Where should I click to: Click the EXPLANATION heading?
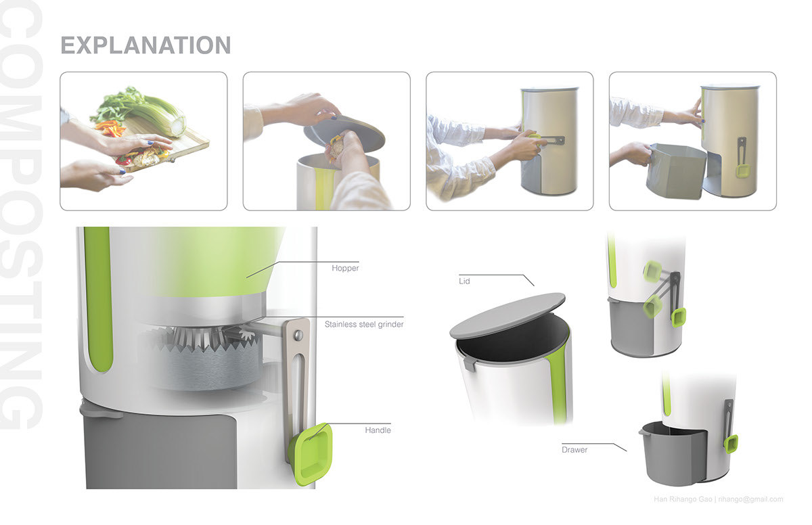(145, 45)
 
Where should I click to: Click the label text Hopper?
(345, 268)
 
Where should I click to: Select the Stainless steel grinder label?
(363, 324)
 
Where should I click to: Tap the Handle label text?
(378, 430)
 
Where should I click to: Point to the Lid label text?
(465, 280)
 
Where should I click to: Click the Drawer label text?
(574, 449)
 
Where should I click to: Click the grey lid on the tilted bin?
(507, 314)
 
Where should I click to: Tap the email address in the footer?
(750, 499)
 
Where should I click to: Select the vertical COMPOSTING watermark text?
(22, 216)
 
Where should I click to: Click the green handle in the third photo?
(535, 139)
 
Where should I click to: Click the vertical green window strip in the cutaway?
(99, 298)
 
